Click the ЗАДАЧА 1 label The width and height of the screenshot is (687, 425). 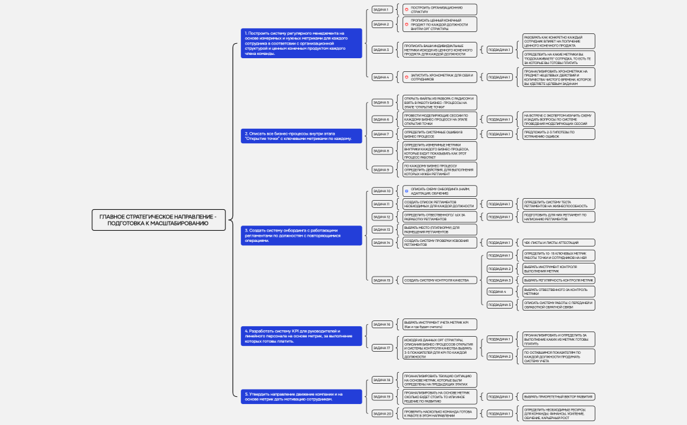point(381,10)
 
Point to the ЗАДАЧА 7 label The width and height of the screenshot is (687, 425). point(381,134)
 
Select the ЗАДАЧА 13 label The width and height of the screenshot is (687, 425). point(381,229)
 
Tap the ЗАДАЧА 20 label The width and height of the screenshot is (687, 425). point(381,413)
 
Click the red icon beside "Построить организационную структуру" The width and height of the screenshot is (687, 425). point(406,10)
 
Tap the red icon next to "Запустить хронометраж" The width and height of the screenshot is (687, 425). point(406,77)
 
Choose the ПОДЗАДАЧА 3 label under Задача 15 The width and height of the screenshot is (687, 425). point(500,280)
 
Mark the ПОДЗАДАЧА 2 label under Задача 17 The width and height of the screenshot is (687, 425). point(500,356)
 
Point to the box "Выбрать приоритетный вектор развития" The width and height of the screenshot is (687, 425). point(557,397)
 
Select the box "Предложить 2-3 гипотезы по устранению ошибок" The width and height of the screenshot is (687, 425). point(557,134)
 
